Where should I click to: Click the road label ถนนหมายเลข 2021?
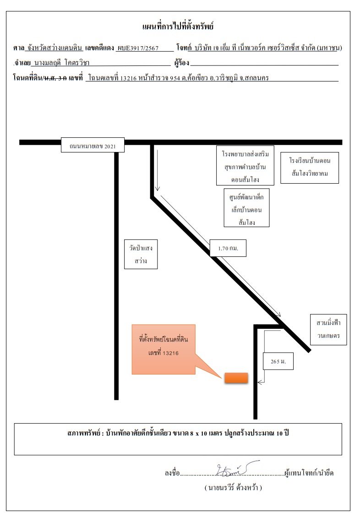point(93,145)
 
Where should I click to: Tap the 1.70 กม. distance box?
point(228,248)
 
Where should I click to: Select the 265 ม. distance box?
point(278,361)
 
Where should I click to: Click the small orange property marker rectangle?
point(236,378)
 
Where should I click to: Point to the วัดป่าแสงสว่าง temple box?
point(141,254)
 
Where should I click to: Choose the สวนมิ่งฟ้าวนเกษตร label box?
point(328,329)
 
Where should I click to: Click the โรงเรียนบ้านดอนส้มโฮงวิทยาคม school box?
point(310,168)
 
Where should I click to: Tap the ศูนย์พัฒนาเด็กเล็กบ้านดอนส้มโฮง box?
point(246,208)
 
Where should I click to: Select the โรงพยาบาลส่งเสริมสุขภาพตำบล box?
point(245,165)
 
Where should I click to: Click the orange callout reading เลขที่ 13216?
point(164,349)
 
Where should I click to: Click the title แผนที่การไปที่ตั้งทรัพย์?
point(178,27)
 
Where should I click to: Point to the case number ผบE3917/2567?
point(138,48)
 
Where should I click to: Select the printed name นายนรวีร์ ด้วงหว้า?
point(233,487)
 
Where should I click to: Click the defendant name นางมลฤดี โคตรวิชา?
point(62,63)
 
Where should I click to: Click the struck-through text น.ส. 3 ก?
point(55,78)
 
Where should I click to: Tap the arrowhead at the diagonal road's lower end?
point(278,314)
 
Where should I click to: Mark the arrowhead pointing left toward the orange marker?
point(260,382)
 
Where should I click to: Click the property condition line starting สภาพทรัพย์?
point(178,433)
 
